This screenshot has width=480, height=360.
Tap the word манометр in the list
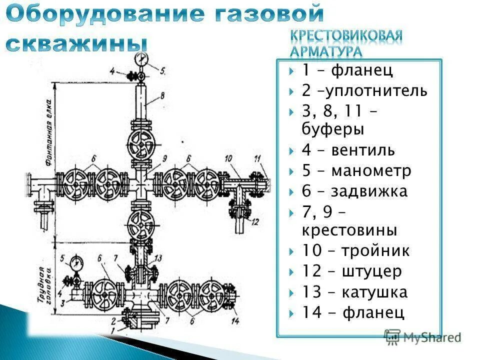tap(370, 171)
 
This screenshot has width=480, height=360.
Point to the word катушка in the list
tap(375, 292)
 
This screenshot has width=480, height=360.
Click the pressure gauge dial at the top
tap(141, 59)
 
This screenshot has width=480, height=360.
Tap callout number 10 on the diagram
tap(229, 158)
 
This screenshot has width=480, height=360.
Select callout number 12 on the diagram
tap(255, 222)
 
